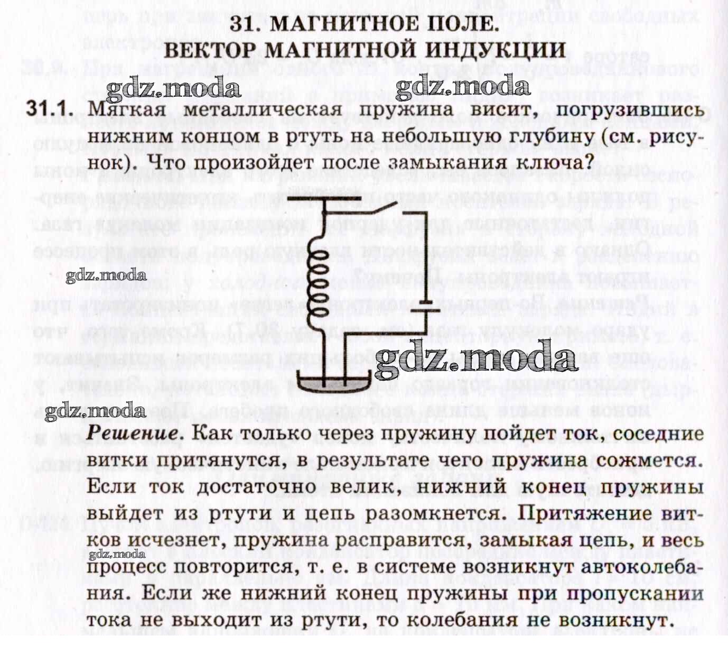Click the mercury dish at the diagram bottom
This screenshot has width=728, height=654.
[x=334, y=381]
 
